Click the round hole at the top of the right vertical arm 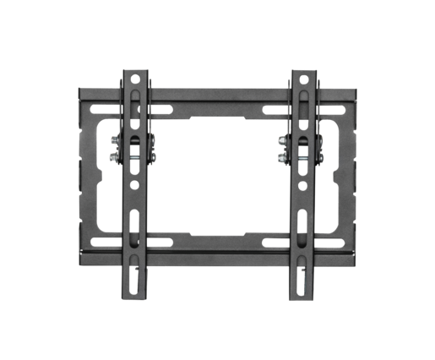pos(302,79)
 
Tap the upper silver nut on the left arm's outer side pos(114,139)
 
